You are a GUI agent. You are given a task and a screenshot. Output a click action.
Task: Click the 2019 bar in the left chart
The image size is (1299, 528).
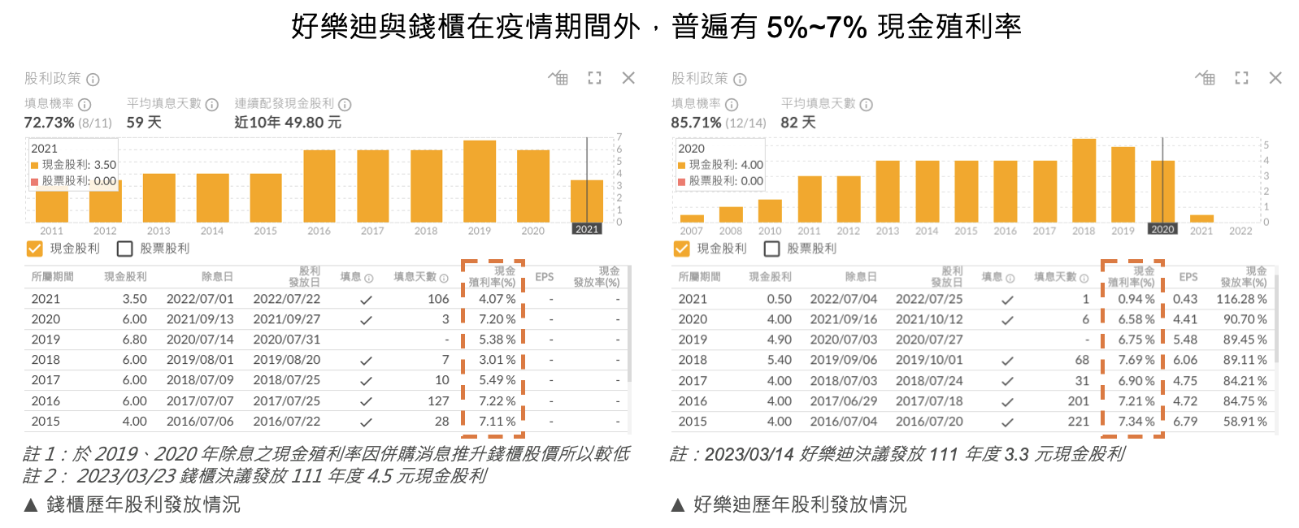[480, 180]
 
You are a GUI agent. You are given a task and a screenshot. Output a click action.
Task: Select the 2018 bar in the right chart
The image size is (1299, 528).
[1084, 180]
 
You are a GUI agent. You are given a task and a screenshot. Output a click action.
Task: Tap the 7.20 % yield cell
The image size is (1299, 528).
[497, 319]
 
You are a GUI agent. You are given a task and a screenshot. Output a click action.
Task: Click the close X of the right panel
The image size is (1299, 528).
[1275, 78]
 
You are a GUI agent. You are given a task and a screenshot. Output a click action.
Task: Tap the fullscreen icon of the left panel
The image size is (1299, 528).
[595, 78]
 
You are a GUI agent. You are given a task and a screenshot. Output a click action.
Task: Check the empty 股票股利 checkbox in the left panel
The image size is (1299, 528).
[125, 249]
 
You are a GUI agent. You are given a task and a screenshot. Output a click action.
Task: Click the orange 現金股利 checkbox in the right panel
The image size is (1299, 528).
[682, 249]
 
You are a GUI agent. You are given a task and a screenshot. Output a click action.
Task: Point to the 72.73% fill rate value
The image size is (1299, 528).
[49, 123]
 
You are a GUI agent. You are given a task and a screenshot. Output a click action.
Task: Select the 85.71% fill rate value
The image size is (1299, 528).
[696, 123]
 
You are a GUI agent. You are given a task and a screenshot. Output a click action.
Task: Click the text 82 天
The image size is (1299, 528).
[798, 123]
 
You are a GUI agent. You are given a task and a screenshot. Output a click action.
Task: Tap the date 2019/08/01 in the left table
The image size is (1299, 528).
[200, 360]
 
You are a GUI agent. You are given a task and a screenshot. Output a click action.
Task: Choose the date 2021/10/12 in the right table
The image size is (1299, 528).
[929, 319]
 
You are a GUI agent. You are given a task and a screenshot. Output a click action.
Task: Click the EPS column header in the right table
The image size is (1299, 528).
[1188, 277]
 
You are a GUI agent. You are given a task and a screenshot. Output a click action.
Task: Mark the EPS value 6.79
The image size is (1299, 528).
[1185, 422]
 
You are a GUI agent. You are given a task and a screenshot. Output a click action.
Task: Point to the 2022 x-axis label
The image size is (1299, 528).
[1240, 231]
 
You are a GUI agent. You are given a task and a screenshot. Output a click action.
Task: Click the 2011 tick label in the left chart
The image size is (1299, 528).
[51, 231]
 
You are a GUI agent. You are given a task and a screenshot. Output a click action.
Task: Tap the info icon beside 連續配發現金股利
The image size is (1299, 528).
[345, 105]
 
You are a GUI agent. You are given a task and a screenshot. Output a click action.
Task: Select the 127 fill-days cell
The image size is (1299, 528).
[438, 401]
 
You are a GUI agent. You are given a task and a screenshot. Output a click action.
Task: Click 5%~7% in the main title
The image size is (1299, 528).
[816, 28]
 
